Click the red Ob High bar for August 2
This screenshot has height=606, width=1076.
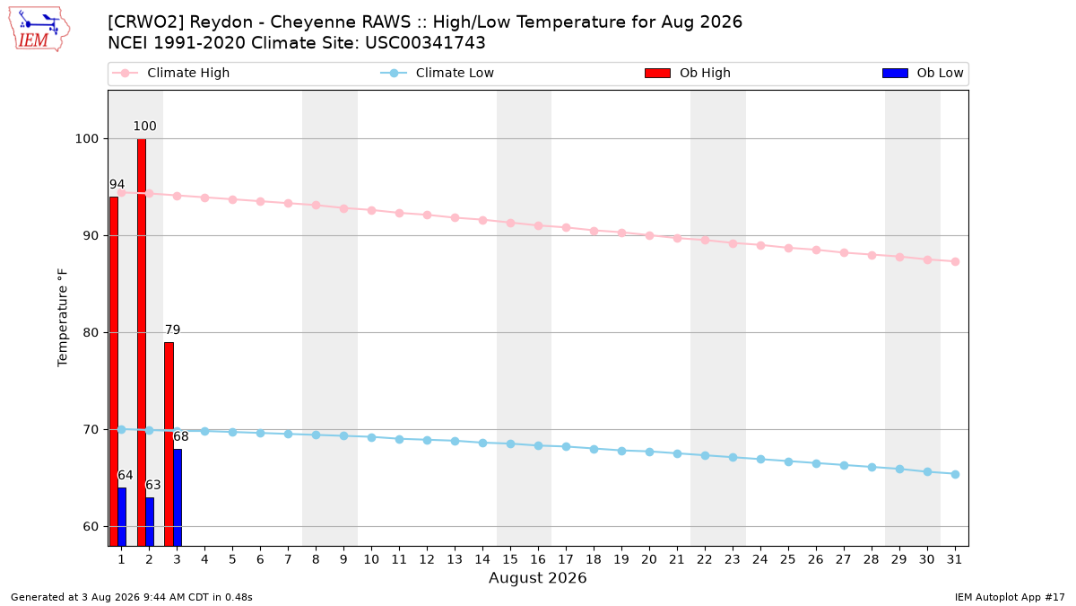point(142,342)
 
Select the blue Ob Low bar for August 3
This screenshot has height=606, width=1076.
point(178,497)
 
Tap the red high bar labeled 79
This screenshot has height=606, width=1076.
point(169,444)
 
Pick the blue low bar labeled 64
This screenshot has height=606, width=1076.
point(122,517)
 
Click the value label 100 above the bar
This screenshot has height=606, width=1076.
point(144,126)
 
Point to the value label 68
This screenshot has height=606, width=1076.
point(180,436)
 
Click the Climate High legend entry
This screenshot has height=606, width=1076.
point(171,73)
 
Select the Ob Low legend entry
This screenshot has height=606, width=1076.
point(923,73)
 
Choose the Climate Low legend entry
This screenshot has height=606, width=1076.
point(438,73)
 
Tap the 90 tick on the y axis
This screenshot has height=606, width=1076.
point(91,236)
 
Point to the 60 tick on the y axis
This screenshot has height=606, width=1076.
point(91,527)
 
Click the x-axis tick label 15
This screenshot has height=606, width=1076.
point(510,559)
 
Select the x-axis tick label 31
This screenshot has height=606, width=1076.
point(954,559)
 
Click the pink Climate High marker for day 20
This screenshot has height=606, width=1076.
point(649,235)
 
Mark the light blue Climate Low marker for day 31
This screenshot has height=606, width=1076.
point(956,475)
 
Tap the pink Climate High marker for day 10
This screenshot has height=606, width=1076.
point(371,211)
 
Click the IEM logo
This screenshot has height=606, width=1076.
point(39,30)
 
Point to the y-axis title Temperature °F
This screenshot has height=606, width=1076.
point(63,318)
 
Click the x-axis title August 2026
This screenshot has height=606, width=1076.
point(537,577)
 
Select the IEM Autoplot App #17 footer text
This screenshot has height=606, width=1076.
point(1010,597)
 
